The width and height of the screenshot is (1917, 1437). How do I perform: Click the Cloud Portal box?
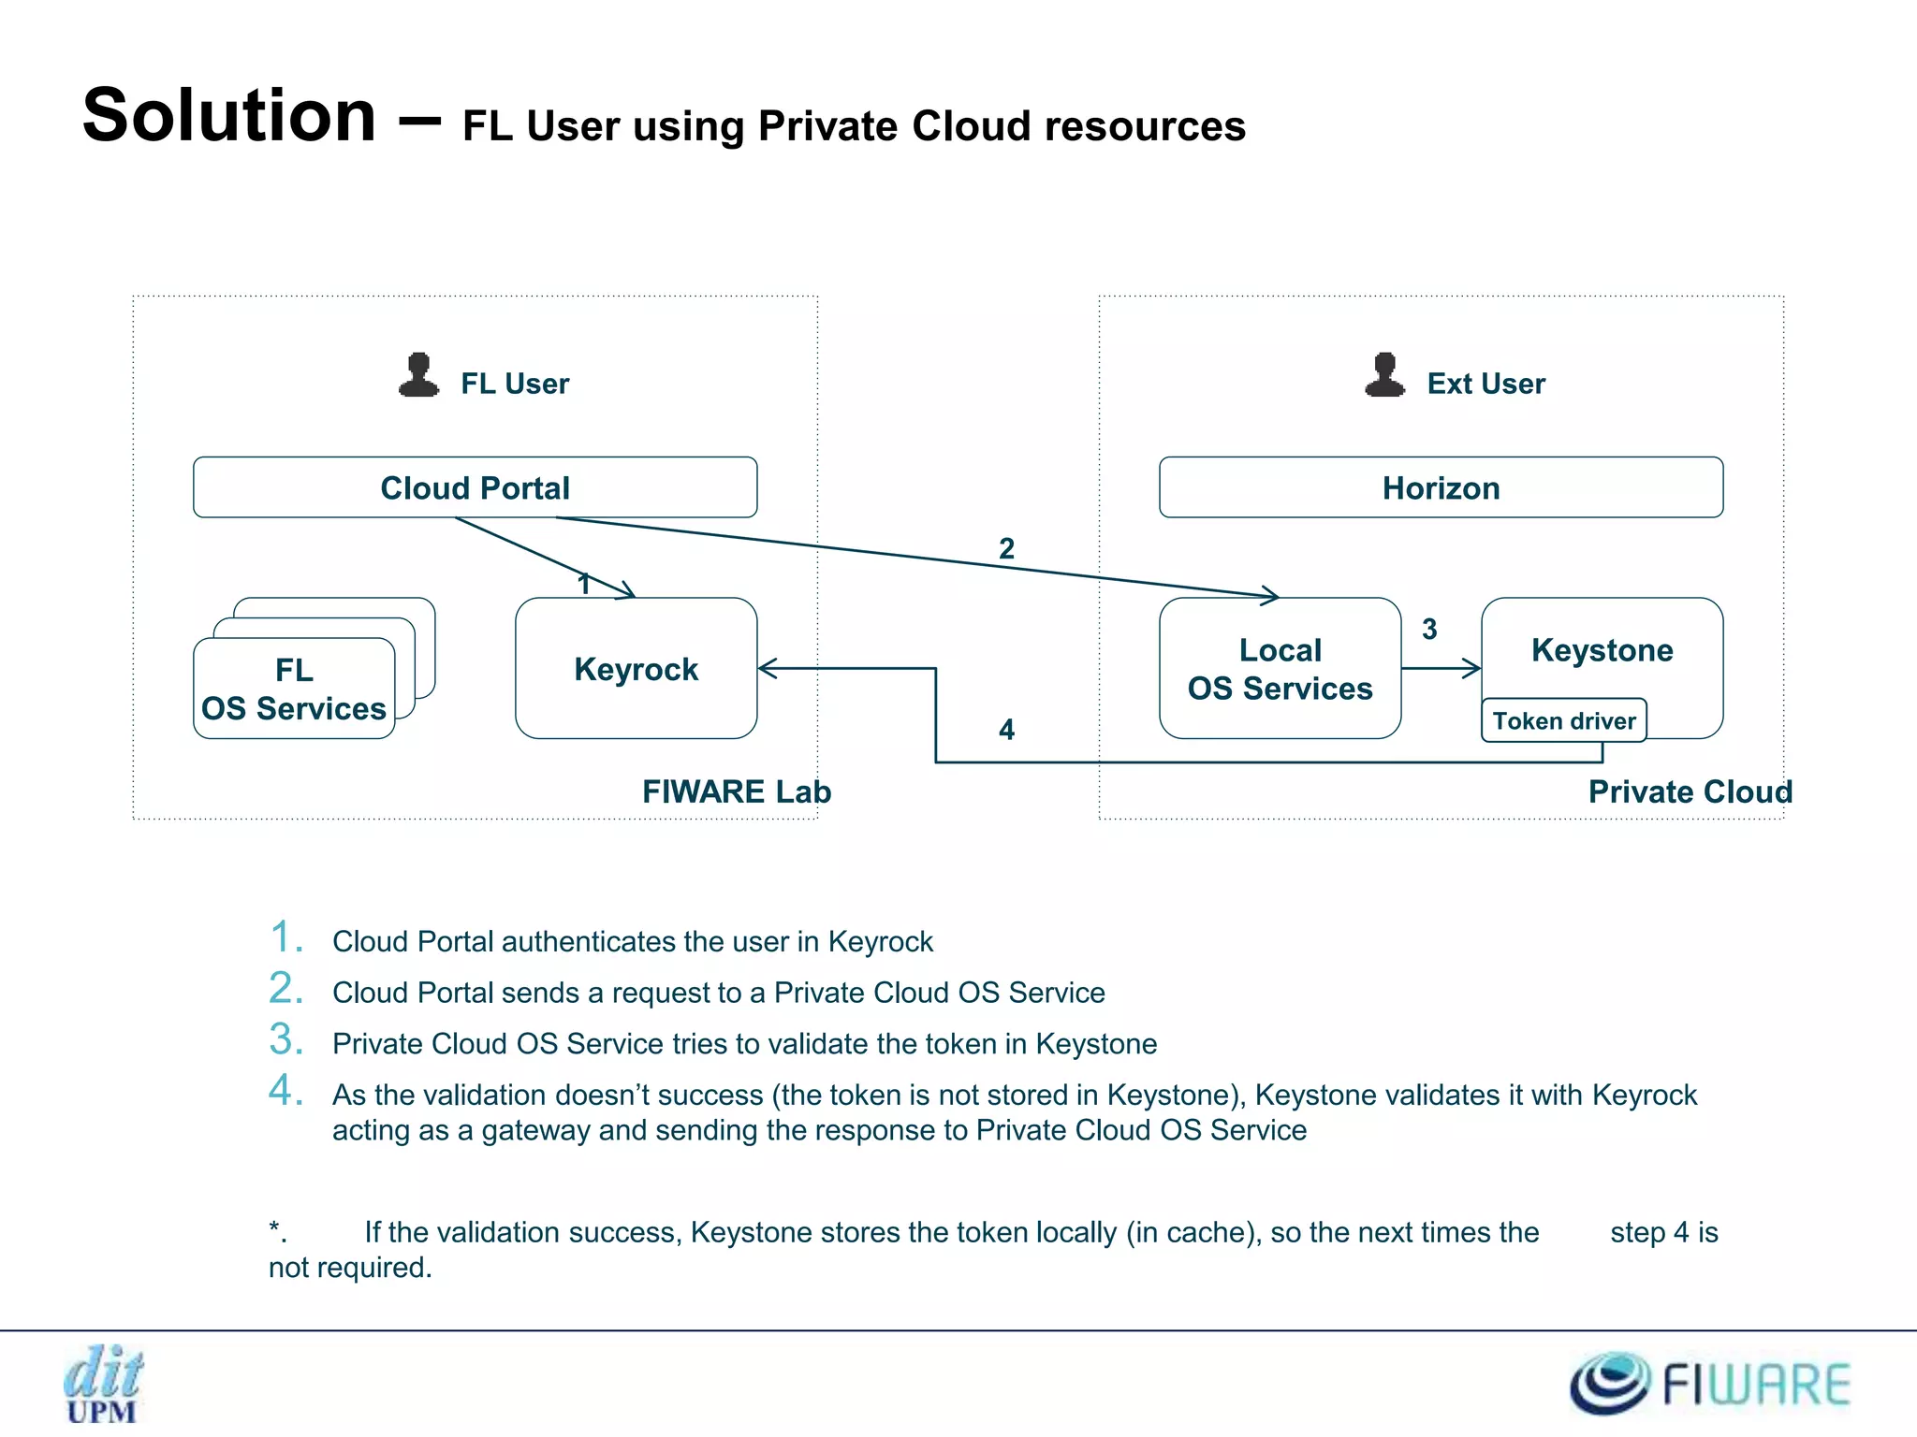(475, 487)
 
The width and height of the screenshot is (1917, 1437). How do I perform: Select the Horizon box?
(1441, 487)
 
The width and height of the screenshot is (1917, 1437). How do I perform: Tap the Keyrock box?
(636, 669)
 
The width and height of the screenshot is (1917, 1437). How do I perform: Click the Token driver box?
(1563, 720)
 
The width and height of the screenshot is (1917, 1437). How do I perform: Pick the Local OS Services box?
(1280, 669)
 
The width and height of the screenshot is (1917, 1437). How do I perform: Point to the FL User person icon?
(418, 376)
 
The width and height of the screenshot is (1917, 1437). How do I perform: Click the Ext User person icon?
(1384, 376)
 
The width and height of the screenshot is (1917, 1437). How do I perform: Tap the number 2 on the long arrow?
(1006, 548)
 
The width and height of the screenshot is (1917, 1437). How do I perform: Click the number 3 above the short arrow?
(1429, 629)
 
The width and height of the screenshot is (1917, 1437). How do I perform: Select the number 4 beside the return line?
(1006, 729)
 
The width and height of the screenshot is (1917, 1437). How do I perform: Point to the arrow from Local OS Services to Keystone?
(1441, 668)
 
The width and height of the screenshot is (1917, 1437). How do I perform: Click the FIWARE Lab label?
(736, 791)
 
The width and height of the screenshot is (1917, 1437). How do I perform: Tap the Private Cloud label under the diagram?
(1690, 791)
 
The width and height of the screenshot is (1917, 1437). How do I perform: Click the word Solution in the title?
(229, 115)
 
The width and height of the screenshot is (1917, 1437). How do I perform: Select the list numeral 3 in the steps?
(285, 1038)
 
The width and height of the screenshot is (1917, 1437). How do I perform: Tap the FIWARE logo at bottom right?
(1709, 1383)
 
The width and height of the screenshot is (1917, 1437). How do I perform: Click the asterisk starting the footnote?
(275, 1227)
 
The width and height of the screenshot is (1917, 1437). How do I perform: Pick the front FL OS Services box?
(293, 689)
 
